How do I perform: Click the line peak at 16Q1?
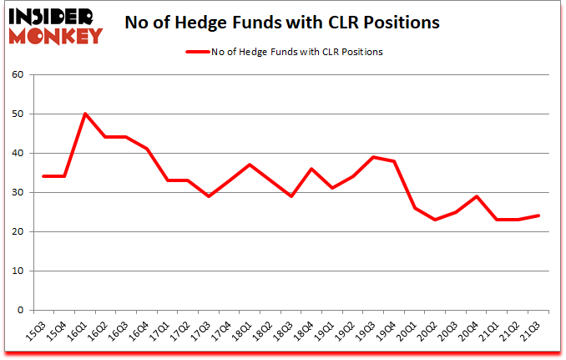85,114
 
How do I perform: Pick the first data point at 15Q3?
43,176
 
